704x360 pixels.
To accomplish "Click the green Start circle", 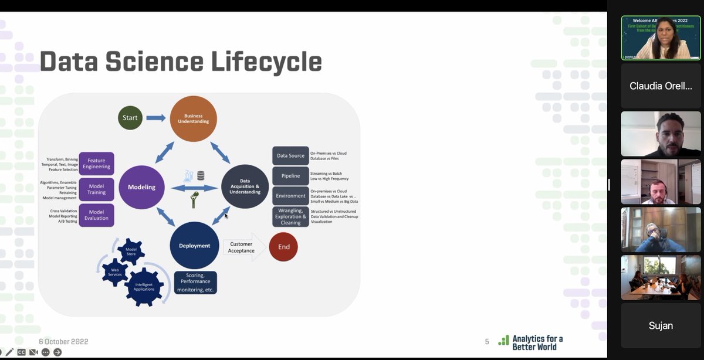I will pyautogui.click(x=130, y=118).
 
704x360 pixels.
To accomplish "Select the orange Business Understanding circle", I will pyautogui.click(x=193, y=118).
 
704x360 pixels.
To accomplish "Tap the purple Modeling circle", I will pyautogui.click(x=141, y=187).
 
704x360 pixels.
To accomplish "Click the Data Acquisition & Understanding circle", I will pyautogui.click(x=245, y=187).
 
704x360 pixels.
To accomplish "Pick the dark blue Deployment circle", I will pyautogui.click(x=194, y=246).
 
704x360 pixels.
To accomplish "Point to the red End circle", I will pyautogui.click(x=283, y=247).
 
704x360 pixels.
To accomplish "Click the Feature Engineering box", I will pyautogui.click(x=96, y=164).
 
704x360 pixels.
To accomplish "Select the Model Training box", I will pyautogui.click(x=96, y=189).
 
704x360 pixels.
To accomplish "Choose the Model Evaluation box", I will pyautogui.click(x=96, y=215).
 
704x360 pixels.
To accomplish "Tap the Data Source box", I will pyautogui.click(x=290, y=156).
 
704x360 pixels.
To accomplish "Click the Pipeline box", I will pyautogui.click(x=290, y=176).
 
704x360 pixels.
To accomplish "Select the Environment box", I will pyautogui.click(x=290, y=196).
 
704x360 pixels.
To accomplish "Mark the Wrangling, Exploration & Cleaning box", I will pyautogui.click(x=290, y=217).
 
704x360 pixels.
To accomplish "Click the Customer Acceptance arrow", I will pyautogui.click(x=242, y=247).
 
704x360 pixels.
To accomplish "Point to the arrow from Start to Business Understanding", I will pyautogui.click(x=155, y=118).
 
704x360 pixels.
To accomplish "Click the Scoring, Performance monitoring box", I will pyautogui.click(x=196, y=283).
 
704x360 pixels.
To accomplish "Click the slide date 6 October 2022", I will pyautogui.click(x=63, y=341).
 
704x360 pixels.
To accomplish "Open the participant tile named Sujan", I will pyautogui.click(x=661, y=325).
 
